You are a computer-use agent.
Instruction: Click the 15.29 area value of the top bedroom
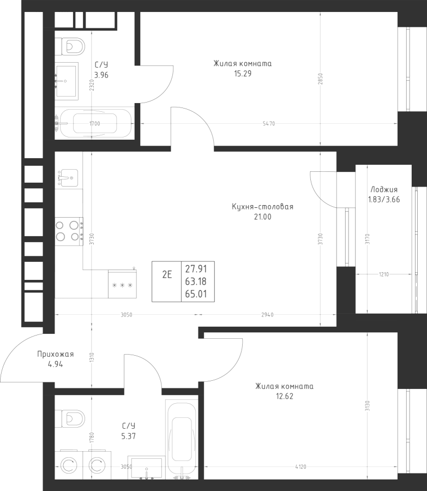242,74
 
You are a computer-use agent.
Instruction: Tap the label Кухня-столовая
262,207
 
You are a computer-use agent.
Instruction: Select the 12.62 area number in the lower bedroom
284,397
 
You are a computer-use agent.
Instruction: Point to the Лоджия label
384,190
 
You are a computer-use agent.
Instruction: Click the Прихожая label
56,355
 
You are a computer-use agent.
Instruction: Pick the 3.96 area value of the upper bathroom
101,75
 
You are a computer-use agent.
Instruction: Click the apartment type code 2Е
167,274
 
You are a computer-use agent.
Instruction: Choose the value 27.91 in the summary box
196,268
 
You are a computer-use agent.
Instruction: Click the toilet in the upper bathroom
70,45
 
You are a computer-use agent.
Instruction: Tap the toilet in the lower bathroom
70,418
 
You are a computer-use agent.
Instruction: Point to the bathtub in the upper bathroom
95,124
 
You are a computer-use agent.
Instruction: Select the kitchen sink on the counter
67,177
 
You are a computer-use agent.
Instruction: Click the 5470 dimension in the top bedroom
268,124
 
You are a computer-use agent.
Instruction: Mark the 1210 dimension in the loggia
383,274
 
